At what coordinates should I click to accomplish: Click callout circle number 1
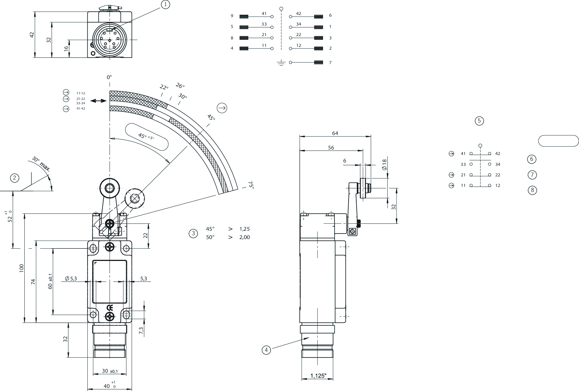[x=165, y=4]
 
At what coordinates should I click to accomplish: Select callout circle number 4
[x=266, y=350]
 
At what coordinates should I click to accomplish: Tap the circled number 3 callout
[x=193, y=233]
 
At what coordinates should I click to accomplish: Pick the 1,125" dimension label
[x=318, y=376]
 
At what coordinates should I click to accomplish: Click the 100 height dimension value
[x=22, y=268]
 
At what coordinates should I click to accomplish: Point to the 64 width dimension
[x=335, y=133]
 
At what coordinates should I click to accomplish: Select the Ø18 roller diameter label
[x=384, y=164]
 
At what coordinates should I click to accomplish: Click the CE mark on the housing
[x=110, y=308]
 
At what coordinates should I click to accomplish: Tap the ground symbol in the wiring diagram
[x=281, y=63]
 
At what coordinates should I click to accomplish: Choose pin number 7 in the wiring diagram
[x=330, y=63]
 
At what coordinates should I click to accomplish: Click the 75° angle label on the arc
[x=251, y=185]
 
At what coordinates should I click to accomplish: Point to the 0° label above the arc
[x=109, y=77]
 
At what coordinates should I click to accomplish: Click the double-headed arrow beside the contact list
[x=98, y=101]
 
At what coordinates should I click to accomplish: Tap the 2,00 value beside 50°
[x=245, y=237]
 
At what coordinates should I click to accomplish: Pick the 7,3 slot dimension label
[x=141, y=331]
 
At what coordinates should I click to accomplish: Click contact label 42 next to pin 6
[x=299, y=14]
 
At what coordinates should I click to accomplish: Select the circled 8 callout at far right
[x=532, y=190]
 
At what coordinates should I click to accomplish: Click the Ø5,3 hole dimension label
[x=71, y=279]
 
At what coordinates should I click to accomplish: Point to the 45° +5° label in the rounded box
[x=146, y=136]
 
